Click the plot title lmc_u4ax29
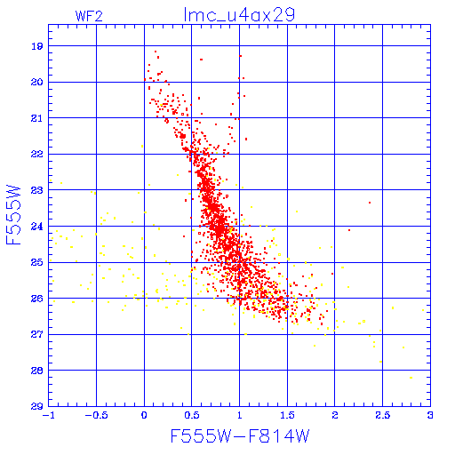point(239,14)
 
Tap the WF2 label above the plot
point(89,16)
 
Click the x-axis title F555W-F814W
point(240,435)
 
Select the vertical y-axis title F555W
point(13,215)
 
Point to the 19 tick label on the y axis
point(37,46)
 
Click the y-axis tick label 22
point(37,154)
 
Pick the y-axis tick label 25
point(37,262)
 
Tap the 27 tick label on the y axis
point(37,334)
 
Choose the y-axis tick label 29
point(37,406)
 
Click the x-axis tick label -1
point(49,415)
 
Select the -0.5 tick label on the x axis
point(96,415)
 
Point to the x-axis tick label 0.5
point(192,415)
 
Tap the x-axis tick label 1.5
point(287,415)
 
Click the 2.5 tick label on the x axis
point(382,415)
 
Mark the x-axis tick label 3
point(430,415)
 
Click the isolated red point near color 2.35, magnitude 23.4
point(370,203)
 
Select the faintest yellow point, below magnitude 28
point(411,378)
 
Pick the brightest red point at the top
point(156,52)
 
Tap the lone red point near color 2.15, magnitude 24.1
point(349,230)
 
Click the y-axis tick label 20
point(37,82)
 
